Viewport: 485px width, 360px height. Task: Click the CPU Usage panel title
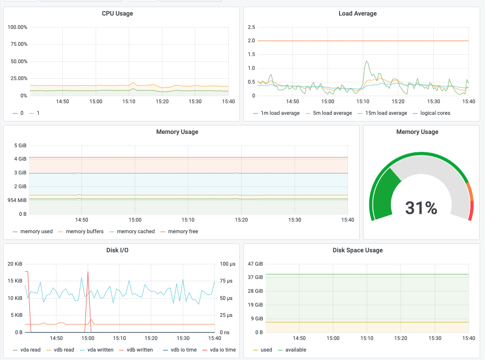[x=117, y=14]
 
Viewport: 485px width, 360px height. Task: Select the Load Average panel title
[x=358, y=14]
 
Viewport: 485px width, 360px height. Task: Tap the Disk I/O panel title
[x=117, y=250]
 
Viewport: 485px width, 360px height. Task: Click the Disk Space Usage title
[x=358, y=250]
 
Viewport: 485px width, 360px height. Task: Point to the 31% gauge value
[x=421, y=208]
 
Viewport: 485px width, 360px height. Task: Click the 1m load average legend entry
[x=276, y=113]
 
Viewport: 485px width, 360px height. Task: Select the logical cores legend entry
[x=431, y=113]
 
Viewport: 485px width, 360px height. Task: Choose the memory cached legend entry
[x=132, y=231]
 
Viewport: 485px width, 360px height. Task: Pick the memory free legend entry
[x=179, y=231]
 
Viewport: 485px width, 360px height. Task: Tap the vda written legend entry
[x=97, y=350]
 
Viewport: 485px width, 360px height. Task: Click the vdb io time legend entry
[x=180, y=350]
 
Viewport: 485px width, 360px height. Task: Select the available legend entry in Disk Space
[x=292, y=350]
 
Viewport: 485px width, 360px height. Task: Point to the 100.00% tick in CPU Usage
[x=17, y=27]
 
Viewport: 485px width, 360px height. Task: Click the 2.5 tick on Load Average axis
[x=251, y=27]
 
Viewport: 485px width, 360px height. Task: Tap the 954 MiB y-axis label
[x=17, y=200]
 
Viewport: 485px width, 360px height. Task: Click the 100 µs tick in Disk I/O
[x=228, y=264]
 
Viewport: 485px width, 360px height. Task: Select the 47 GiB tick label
[x=255, y=264]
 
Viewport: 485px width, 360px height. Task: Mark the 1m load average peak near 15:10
[x=367, y=61]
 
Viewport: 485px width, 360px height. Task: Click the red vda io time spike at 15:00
[x=88, y=272]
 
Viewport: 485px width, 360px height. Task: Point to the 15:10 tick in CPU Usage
[x=129, y=101]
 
